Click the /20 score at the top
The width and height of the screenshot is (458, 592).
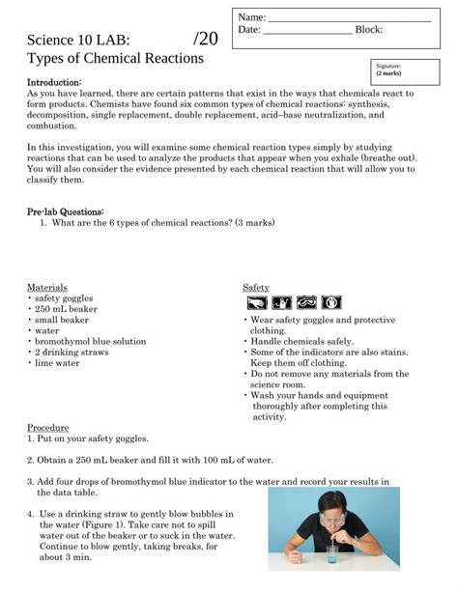206,39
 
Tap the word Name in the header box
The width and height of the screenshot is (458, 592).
251,17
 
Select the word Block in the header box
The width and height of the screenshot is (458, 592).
368,30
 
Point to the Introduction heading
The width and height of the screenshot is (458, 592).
53,82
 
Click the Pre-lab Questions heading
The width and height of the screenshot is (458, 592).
65,211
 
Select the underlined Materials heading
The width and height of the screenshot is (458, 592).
47,287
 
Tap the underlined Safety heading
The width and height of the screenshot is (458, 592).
255,287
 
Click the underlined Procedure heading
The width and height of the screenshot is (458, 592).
48,426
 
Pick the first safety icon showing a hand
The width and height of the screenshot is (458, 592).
282,303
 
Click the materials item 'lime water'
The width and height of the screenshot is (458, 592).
57,363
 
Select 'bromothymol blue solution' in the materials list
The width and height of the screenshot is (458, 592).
90,341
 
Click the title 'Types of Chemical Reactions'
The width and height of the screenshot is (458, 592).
115,58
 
